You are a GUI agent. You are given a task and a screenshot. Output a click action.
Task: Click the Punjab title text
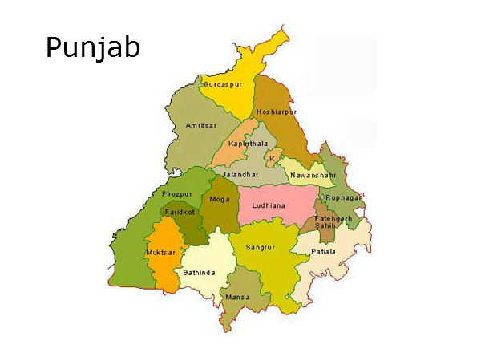click(x=92, y=48)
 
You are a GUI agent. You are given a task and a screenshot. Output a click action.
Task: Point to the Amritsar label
click(x=201, y=127)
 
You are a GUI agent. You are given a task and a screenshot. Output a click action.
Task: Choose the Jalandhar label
click(x=241, y=172)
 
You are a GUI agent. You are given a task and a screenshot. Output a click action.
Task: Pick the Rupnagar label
click(x=342, y=197)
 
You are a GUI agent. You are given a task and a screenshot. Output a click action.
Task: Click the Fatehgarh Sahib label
click(x=327, y=222)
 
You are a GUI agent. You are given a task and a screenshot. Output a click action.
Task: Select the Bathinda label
click(x=199, y=273)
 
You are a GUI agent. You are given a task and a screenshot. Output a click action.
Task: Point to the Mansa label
click(x=237, y=298)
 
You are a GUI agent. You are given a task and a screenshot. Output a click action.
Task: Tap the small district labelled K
click(x=273, y=158)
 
